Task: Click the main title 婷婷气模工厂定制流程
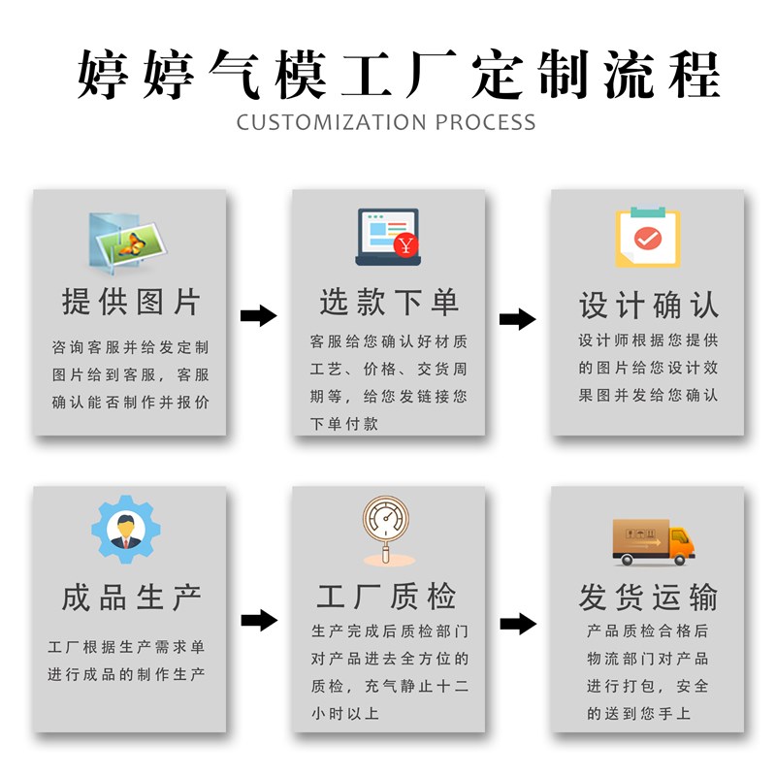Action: (x=398, y=73)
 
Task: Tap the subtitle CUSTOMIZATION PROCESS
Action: (x=386, y=122)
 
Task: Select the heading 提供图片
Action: (x=131, y=302)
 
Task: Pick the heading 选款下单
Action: (x=389, y=302)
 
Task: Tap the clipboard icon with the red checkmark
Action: (x=647, y=238)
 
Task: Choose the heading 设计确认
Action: (x=648, y=306)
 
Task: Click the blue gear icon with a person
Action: (x=126, y=530)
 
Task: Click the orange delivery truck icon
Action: (x=653, y=541)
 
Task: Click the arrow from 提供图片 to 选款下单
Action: (x=258, y=315)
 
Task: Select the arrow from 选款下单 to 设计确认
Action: (x=517, y=319)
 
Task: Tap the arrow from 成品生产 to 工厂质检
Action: (x=258, y=620)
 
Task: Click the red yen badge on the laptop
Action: (x=407, y=245)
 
